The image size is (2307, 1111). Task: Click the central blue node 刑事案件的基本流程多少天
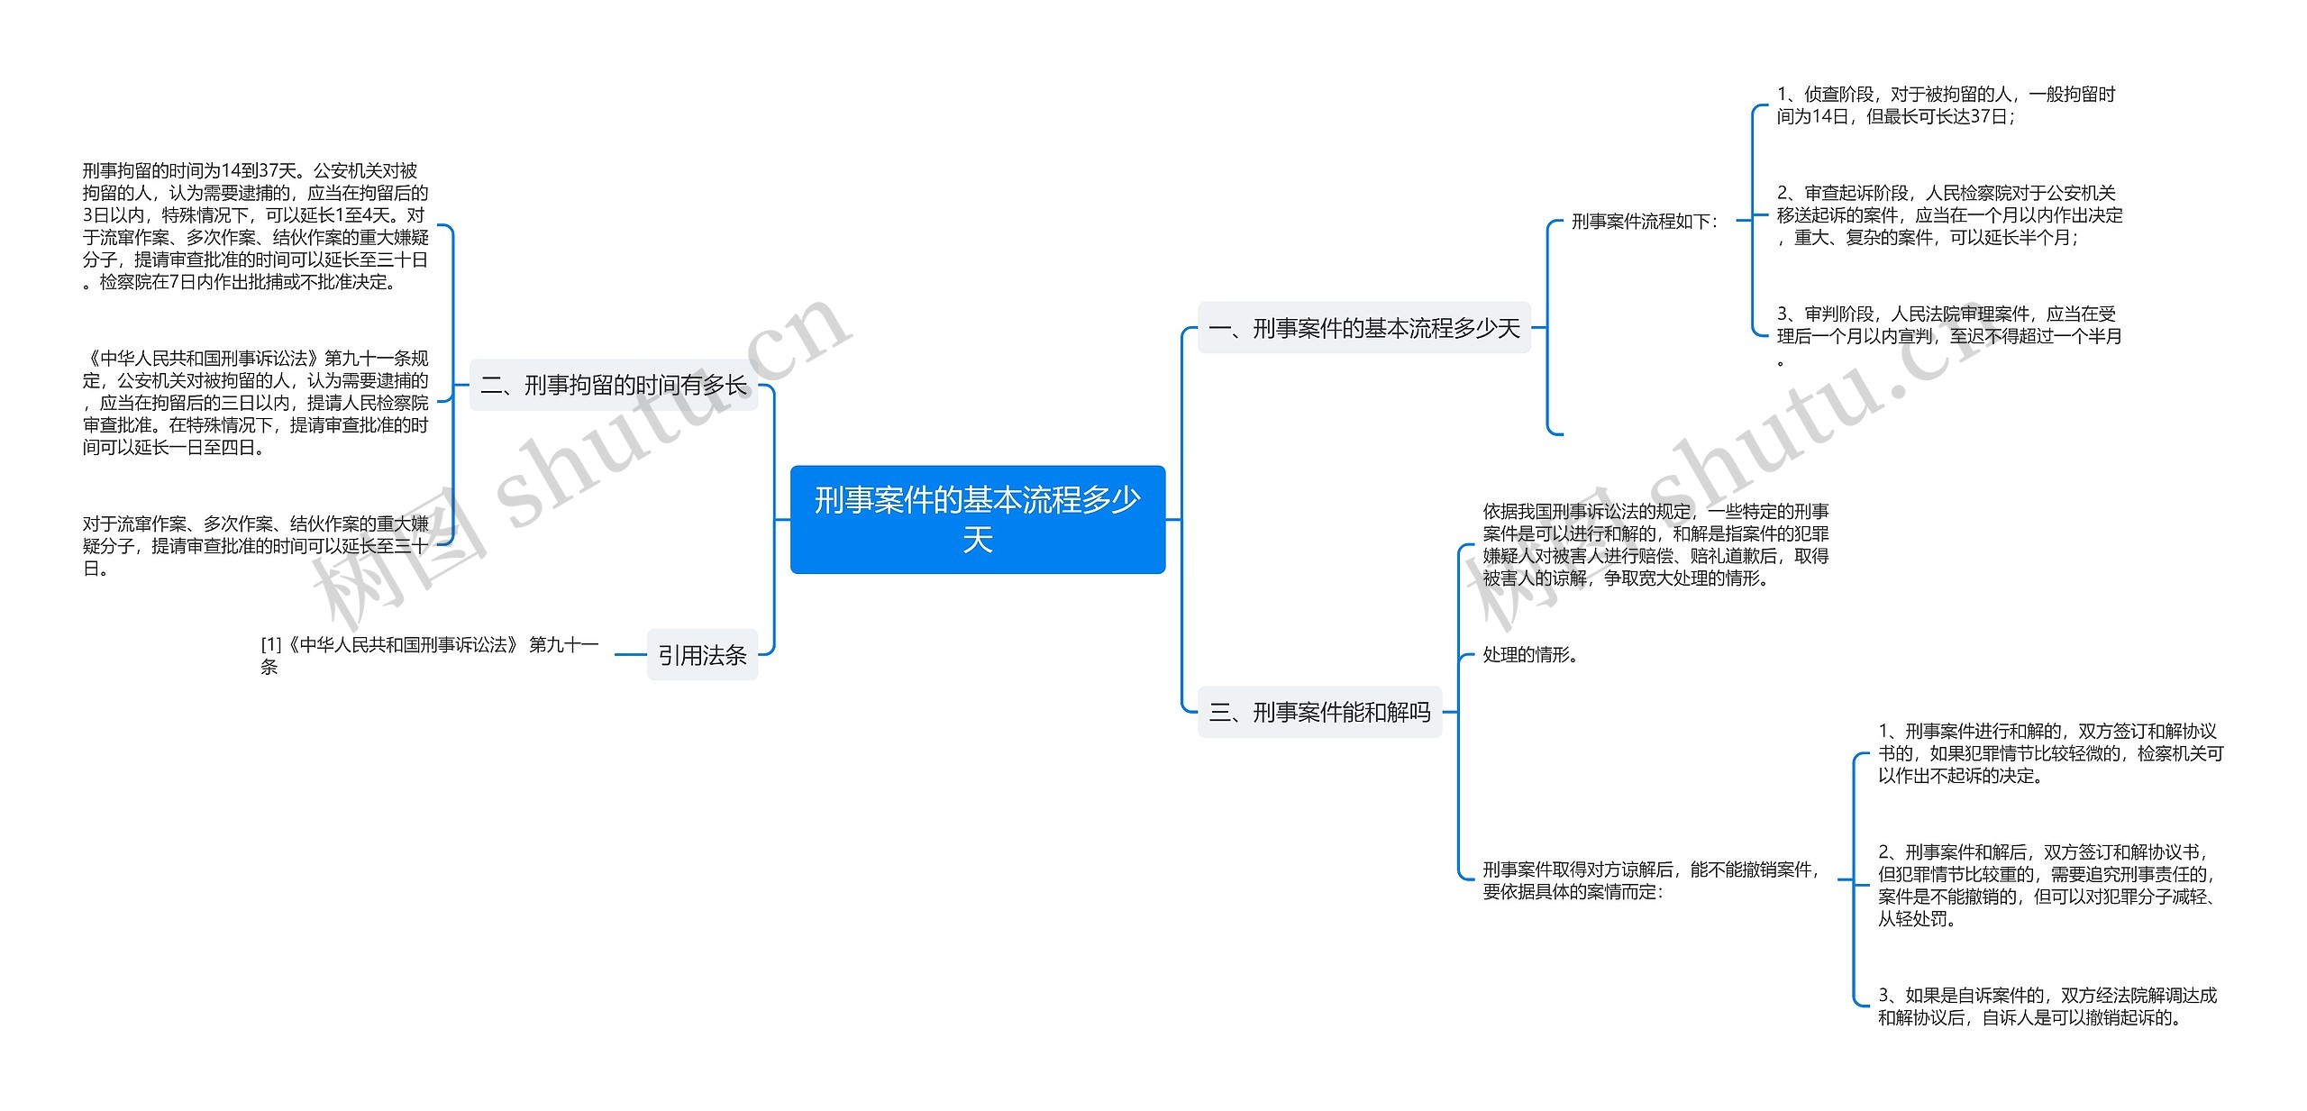click(x=977, y=519)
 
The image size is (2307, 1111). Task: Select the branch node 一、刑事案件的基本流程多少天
click(x=1363, y=328)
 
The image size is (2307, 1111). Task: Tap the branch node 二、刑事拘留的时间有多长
click(x=613, y=386)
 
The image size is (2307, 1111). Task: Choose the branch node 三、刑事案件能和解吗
click(x=1319, y=713)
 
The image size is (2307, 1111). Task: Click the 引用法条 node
click(x=702, y=655)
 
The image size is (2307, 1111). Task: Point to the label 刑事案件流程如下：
click(x=1645, y=222)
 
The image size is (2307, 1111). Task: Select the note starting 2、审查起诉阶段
click(x=1948, y=215)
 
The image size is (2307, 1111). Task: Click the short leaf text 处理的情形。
click(x=1529, y=655)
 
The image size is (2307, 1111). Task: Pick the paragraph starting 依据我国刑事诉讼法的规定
click(x=1655, y=545)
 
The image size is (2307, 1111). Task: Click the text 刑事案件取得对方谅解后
click(x=1651, y=880)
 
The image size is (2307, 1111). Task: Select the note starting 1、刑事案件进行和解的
click(x=2049, y=753)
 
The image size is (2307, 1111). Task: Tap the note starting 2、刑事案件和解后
click(x=2046, y=885)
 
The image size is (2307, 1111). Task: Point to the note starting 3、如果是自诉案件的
click(x=2046, y=1006)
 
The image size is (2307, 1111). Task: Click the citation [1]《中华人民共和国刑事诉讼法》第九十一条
click(x=429, y=655)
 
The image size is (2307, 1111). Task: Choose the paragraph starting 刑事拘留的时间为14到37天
click(x=256, y=226)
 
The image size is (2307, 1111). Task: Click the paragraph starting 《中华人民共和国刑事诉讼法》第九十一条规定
click(x=256, y=403)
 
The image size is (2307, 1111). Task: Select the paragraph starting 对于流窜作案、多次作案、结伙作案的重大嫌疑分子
click(x=256, y=546)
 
